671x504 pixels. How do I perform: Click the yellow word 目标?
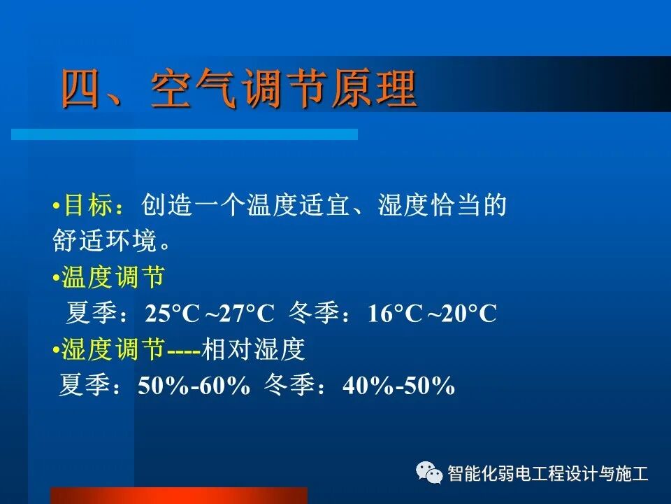tap(87, 206)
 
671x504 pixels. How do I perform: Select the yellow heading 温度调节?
tap(113, 278)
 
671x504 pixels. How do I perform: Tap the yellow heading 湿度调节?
tap(113, 349)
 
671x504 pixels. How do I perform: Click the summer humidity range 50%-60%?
tap(194, 386)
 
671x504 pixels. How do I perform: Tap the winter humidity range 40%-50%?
tap(398, 386)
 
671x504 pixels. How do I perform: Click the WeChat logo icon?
tap(429, 473)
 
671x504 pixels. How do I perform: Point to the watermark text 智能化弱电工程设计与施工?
tap(548, 474)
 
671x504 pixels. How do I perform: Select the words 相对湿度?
tap(254, 349)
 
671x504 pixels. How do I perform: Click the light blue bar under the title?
tap(185, 134)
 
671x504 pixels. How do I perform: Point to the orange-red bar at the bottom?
tap(180, 496)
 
